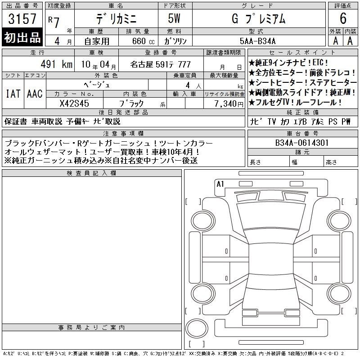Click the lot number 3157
click(x=22, y=19)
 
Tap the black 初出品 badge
click(x=22, y=37)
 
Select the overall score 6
click(x=343, y=18)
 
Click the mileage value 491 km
click(x=57, y=64)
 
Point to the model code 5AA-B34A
click(x=257, y=41)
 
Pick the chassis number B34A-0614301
click(x=302, y=143)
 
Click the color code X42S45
click(x=74, y=103)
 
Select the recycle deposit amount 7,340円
click(x=229, y=104)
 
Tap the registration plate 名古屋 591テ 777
click(x=161, y=64)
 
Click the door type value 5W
click(x=174, y=18)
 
